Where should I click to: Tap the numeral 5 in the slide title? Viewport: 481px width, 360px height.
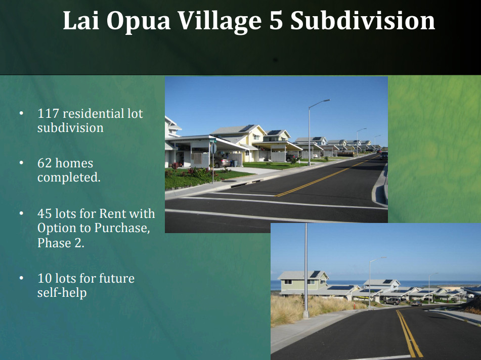276,21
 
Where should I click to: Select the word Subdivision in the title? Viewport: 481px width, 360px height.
363,20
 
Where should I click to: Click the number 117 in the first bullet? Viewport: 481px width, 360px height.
48,113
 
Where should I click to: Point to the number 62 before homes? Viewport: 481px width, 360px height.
45,163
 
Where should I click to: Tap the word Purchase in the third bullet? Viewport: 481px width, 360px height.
122,228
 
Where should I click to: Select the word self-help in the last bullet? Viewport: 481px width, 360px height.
62,293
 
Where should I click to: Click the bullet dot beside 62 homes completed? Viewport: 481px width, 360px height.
21,163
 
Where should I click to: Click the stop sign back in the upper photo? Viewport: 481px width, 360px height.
213,149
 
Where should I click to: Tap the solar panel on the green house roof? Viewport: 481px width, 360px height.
315,274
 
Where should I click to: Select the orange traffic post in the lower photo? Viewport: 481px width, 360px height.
354,306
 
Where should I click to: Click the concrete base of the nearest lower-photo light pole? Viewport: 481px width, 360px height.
305,314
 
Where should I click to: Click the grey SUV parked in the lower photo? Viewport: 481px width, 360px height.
391,301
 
